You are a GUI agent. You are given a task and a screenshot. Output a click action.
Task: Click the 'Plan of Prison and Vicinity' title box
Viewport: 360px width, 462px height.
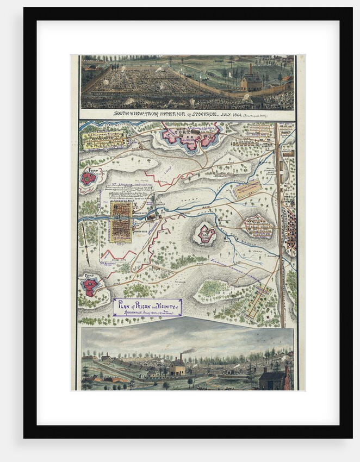point(147,308)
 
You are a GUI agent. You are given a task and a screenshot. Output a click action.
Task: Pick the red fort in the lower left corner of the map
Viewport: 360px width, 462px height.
point(90,286)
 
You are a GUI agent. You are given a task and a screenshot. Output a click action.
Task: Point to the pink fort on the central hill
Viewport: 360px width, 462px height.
point(206,234)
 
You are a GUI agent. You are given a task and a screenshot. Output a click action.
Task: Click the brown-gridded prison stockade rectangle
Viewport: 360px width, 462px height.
point(121,221)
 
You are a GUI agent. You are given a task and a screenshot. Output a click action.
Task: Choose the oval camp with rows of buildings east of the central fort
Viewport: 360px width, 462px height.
point(257,226)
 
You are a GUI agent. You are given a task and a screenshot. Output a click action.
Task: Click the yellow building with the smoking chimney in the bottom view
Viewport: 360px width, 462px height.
point(177,368)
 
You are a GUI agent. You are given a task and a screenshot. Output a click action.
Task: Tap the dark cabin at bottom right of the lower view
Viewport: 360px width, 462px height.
point(273,378)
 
